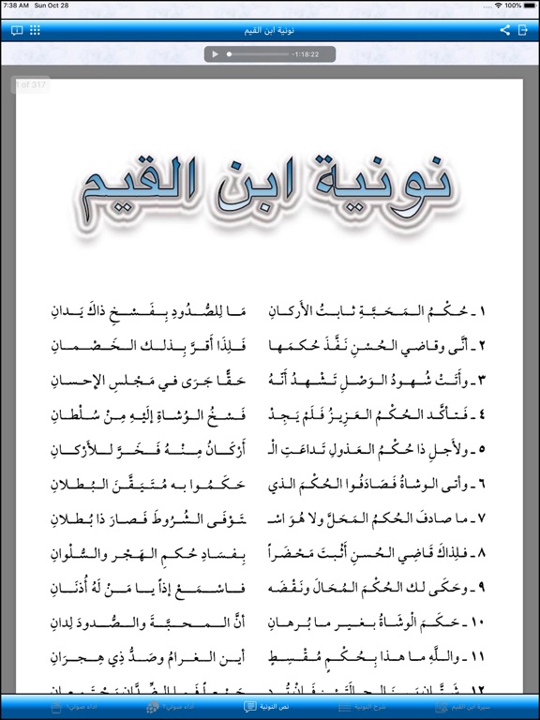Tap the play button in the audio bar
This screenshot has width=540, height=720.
pyautogui.click(x=216, y=54)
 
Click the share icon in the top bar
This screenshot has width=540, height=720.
pyautogui.click(x=504, y=30)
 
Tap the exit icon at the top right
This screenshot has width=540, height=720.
pyautogui.click(x=523, y=30)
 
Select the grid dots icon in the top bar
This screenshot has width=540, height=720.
pyautogui.click(x=35, y=30)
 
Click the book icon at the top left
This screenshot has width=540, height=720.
pyautogui.click(x=16, y=30)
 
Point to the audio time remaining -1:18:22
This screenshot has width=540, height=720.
pyautogui.click(x=306, y=54)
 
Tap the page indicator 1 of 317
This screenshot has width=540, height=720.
pyautogui.click(x=31, y=86)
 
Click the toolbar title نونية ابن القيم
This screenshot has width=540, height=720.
pyautogui.click(x=270, y=30)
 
